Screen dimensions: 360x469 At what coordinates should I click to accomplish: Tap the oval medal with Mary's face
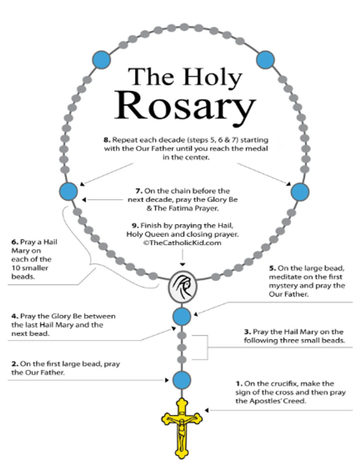(183, 287)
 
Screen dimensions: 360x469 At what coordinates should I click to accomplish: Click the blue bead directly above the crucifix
(181, 380)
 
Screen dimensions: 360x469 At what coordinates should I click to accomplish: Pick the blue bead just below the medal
(182, 317)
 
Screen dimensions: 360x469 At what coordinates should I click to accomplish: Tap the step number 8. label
(107, 140)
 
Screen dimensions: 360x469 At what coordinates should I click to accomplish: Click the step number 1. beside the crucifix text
(239, 383)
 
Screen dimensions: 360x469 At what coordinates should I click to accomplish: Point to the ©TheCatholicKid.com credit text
(183, 243)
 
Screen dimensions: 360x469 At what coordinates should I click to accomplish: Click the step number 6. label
(15, 242)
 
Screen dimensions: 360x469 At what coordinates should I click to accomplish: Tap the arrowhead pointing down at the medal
(183, 264)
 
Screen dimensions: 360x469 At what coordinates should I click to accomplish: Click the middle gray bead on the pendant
(182, 348)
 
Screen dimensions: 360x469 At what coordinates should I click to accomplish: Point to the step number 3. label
(247, 332)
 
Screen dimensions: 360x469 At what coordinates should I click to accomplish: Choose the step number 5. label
(272, 268)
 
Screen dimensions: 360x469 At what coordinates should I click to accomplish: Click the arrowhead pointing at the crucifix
(206, 410)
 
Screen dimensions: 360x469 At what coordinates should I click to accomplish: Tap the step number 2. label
(15, 364)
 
